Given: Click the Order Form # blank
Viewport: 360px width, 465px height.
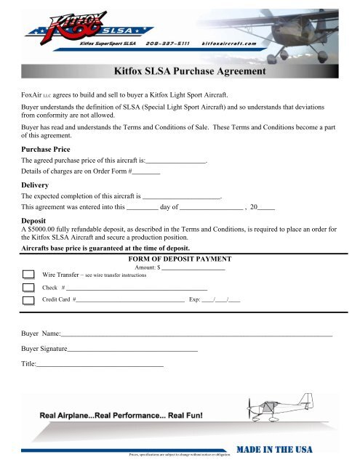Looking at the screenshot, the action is click(x=145, y=173).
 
